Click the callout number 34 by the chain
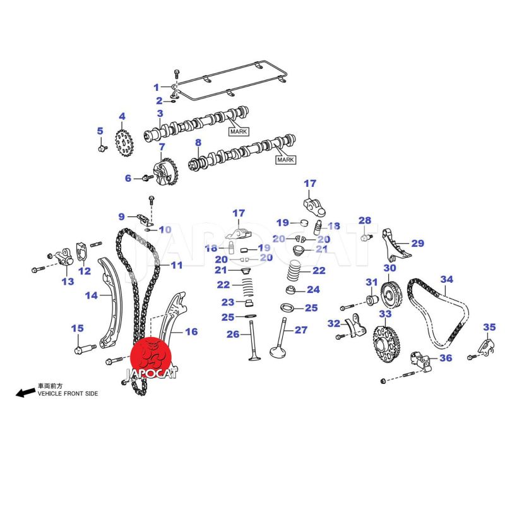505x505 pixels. tap(447, 279)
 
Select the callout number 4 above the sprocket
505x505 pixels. tap(122, 116)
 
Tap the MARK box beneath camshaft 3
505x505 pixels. tap(238, 131)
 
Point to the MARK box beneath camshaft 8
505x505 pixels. tap(285, 160)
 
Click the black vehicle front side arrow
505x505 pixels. tap(25, 393)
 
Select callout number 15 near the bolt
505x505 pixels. tap(76, 328)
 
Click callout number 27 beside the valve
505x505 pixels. tap(300, 330)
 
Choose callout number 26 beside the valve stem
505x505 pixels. tap(233, 334)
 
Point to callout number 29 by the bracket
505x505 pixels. tap(418, 243)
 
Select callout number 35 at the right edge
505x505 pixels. tap(489, 326)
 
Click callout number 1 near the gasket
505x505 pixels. tap(157, 87)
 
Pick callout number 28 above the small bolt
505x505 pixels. tap(365, 220)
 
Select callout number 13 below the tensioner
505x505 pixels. tap(68, 281)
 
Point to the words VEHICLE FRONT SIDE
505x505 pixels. tap(68, 393)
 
